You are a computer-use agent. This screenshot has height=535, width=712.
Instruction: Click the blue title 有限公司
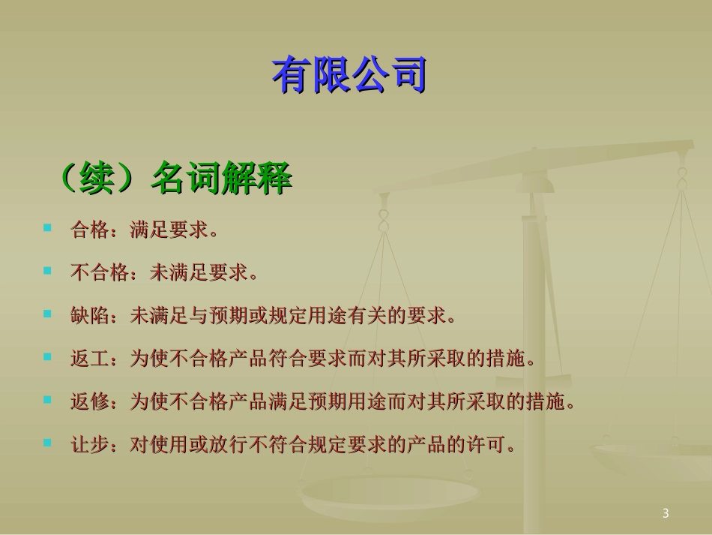click(x=349, y=75)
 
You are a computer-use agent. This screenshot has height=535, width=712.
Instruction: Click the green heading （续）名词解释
click(x=174, y=181)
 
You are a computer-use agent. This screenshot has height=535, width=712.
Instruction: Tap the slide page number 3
click(x=666, y=513)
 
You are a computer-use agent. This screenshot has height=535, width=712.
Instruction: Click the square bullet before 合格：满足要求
click(x=48, y=227)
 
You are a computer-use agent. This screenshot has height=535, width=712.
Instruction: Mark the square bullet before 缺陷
click(x=48, y=314)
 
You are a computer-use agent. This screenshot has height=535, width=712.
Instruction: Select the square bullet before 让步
click(x=48, y=443)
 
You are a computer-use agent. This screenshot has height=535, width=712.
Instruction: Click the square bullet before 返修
click(x=48, y=400)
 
